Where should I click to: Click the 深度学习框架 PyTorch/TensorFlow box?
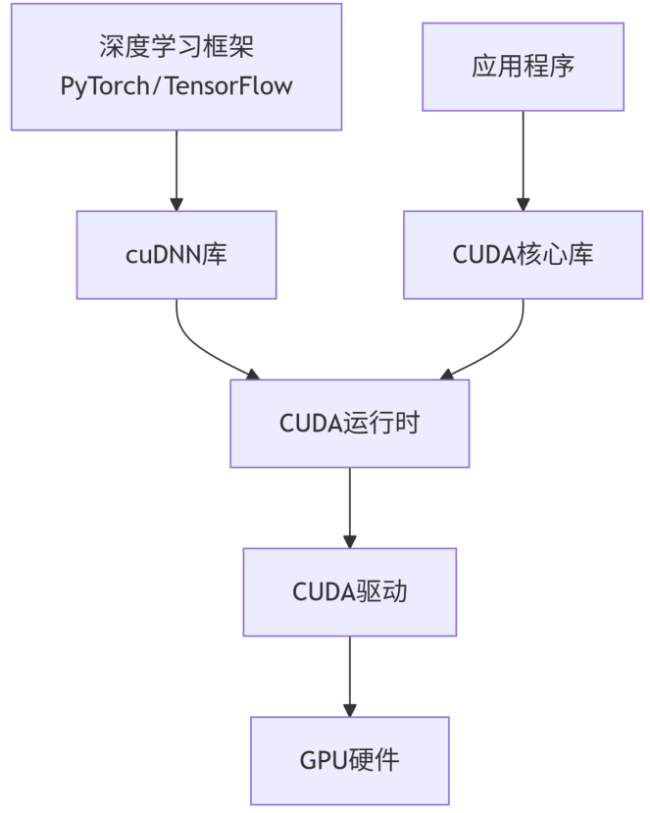point(176,67)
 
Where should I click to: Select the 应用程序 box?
point(523,67)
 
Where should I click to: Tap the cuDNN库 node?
point(176,255)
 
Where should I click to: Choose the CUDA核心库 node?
point(523,255)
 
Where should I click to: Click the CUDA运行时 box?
point(350,424)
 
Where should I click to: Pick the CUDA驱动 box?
point(350,592)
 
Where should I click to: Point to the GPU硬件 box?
point(350,760)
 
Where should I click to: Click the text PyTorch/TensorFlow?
point(176,85)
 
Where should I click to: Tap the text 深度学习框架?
point(176,46)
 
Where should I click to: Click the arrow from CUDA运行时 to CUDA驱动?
point(350,505)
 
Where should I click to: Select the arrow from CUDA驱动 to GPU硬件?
point(350,675)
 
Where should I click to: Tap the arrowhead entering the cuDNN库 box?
point(176,204)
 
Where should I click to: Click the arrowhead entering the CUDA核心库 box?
point(523,204)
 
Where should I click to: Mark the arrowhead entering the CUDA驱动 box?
point(350,541)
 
